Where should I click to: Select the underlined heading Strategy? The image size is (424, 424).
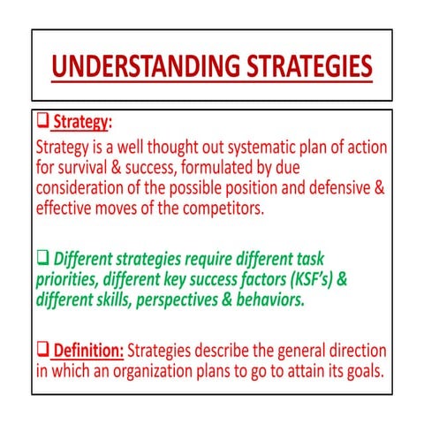coord(82,121)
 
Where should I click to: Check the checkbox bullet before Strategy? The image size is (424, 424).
coord(42,121)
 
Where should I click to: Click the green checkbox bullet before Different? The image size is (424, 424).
coord(42,259)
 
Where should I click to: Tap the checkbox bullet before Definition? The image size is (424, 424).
coord(42,351)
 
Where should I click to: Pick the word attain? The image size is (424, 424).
coord(300,372)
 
